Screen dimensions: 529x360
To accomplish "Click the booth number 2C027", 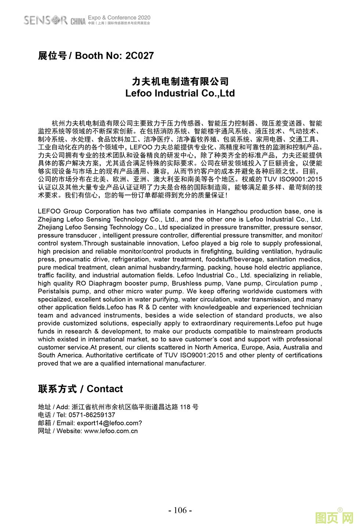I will [x=139, y=56].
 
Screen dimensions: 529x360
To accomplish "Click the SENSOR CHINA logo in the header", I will [x=54, y=20].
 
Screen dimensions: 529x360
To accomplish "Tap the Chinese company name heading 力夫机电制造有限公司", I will [x=180, y=81].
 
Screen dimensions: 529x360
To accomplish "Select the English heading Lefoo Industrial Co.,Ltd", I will [x=180, y=93].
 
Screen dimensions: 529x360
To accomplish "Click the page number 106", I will [x=180, y=510].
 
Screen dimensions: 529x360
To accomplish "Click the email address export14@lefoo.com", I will [x=109, y=423].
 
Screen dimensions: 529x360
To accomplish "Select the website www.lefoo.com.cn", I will [x=111, y=431].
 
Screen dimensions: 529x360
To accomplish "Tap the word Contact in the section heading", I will [x=105, y=389].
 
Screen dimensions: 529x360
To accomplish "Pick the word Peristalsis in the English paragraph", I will [x=53, y=292].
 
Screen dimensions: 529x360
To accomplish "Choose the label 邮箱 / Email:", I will [x=56, y=423].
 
